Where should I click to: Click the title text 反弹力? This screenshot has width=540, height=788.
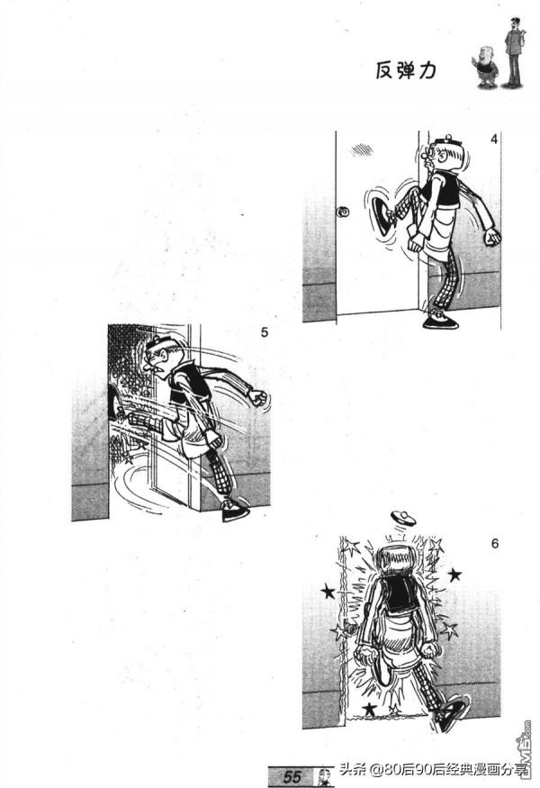(x=406, y=71)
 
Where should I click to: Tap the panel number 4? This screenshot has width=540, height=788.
(x=494, y=140)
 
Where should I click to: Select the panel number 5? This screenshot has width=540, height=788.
(x=265, y=332)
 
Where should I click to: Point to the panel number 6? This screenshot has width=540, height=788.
(x=495, y=544)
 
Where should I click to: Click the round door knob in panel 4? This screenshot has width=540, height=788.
(x=344, y=212)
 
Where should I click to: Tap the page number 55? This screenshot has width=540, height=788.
(x=292, y=776)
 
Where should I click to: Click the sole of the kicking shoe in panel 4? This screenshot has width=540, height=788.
(x=380, y=217)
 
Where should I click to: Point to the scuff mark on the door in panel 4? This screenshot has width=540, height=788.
(x=362, y=149)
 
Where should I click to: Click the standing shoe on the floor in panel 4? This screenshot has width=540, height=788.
(x=440, y=322)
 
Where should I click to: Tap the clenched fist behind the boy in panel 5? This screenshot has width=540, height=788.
(x=258, y=397)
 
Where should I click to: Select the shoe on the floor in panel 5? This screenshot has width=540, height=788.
(x=236, y=510)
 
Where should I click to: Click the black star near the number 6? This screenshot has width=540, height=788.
(x=455, y=575)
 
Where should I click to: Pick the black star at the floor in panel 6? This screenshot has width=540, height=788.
(x=370, y=709)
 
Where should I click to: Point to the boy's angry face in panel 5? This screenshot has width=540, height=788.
(x=157, y=357)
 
